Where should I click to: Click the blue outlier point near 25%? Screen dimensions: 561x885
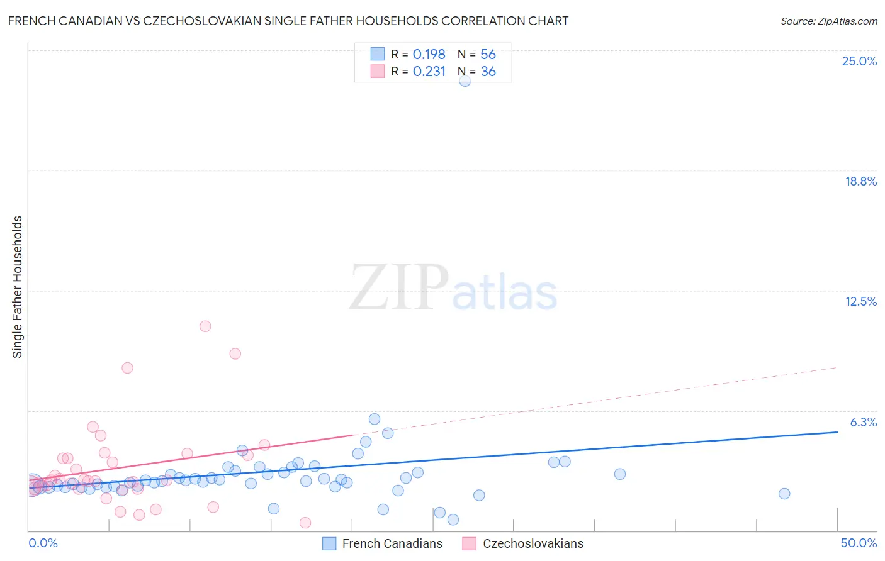coord(465,81)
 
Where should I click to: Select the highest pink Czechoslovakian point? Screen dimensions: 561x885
coord(205,326)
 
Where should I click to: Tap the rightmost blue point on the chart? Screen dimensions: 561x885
coord(784,494)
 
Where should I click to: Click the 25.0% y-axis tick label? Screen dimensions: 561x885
coord(859,61)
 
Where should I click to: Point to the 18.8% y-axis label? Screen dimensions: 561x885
coord(860,181)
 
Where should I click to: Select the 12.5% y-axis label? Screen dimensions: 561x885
coord(860,301)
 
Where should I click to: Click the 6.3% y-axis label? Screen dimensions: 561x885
coord(863,422)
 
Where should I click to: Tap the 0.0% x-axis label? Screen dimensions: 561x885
coord(43,543)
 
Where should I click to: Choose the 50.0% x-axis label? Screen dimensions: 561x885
coord(859,543)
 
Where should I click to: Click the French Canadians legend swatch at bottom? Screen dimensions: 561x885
coord(329,543)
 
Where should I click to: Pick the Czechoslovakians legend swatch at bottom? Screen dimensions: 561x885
coord(469,543)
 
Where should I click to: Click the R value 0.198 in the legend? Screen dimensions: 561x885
coord(429,55)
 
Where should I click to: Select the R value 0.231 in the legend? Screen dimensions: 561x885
coord(429,72)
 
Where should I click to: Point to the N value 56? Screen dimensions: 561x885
coord(488,55)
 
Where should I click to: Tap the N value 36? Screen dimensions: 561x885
coord(488,72)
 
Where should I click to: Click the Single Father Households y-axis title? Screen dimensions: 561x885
coord(17,287)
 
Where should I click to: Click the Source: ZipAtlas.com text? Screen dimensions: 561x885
coord(828,21)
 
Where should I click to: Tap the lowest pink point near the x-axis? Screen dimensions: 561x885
coord(305,523)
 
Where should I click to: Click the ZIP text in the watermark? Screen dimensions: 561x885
coord(398,287)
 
